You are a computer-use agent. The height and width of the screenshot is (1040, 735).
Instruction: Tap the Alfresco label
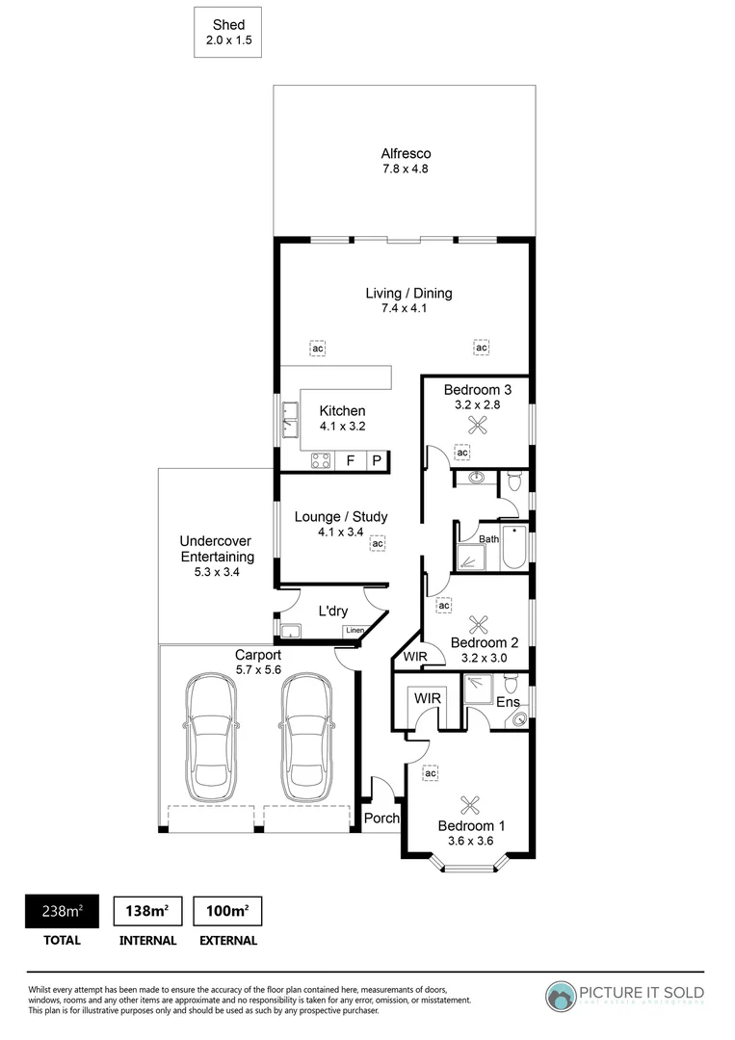(405, 161)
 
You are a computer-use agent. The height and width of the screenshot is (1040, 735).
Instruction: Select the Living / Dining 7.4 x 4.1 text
(408, 300)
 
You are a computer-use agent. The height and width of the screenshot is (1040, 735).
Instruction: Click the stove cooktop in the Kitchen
(321, 461)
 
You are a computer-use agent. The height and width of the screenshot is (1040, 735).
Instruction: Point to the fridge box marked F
(351, 461)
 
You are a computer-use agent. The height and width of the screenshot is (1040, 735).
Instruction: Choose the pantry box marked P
(377, 461)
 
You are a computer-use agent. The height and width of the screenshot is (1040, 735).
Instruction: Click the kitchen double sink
(290, 418)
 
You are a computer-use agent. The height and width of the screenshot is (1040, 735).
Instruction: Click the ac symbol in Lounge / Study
(378, 544)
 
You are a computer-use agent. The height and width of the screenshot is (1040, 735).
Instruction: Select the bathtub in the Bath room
(515, 547)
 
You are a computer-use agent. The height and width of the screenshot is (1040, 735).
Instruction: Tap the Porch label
(381, 819)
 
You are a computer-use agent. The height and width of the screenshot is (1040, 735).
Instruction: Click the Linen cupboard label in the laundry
(354, 631)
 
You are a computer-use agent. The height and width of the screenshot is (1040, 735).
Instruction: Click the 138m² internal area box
(147, 911)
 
